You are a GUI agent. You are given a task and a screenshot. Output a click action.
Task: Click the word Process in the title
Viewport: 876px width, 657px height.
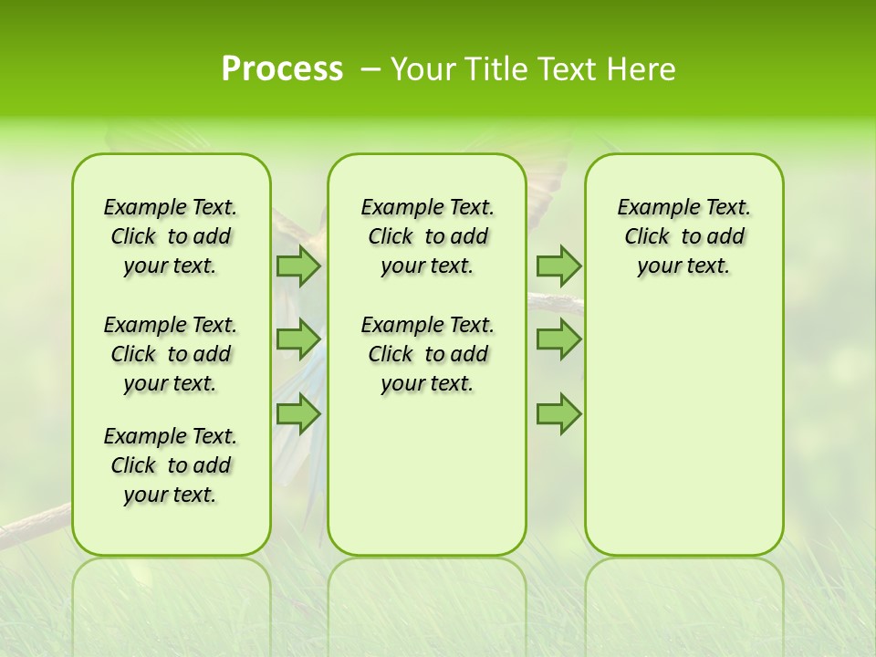(x=282, y=69)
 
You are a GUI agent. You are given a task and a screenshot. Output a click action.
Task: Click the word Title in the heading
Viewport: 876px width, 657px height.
(x=487, y=69)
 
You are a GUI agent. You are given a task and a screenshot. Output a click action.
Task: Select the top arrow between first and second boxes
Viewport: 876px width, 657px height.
(x=298, y=266)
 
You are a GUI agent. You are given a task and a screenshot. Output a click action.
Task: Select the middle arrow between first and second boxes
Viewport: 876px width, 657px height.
(x=298, y=339)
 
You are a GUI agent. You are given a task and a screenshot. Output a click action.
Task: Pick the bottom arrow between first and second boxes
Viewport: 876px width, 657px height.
(x=298, y=414)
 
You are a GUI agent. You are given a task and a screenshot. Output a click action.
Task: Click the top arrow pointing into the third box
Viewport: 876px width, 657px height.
(x=558, y=266)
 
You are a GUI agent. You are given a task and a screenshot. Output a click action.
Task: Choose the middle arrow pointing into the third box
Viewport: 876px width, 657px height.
(x=558, y=339)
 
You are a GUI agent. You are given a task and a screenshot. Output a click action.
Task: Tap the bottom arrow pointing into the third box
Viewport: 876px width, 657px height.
(x=558, y=414)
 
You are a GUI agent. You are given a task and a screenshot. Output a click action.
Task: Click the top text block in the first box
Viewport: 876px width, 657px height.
(x=171, y=236)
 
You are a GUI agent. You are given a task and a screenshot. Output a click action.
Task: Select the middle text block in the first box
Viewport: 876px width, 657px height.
(x=171, y=354)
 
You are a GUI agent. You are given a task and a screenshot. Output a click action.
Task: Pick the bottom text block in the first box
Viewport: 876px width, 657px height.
(x=171, y=465)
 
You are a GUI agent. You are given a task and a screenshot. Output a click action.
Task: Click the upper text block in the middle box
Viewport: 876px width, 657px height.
(x=427, y=236)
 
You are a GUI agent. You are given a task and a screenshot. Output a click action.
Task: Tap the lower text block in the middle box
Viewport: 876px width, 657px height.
(x=427, y=354)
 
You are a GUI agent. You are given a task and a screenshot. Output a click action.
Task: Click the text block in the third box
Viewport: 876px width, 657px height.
(x=683, y=236)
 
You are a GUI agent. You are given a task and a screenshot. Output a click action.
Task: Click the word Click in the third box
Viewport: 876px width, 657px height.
(x=647, y=237)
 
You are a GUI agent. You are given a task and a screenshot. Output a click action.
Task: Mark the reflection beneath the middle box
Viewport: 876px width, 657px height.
(x=427, y=602)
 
